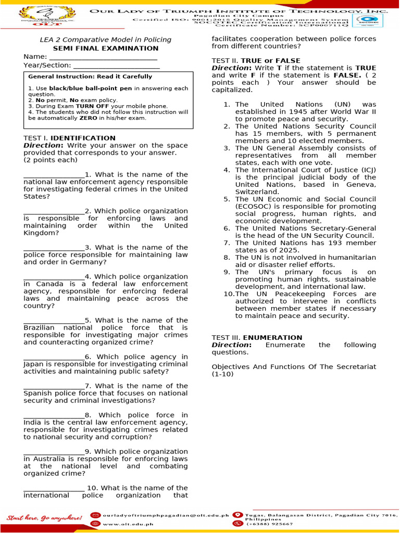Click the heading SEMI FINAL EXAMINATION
point(106,48)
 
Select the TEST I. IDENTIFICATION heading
point(61,138)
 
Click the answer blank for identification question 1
point(54,175)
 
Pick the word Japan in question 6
point(34,364)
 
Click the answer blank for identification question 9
point(54,452)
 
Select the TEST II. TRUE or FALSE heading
point(256,61)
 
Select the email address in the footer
point(166,515)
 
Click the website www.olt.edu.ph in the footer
point(125,524)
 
